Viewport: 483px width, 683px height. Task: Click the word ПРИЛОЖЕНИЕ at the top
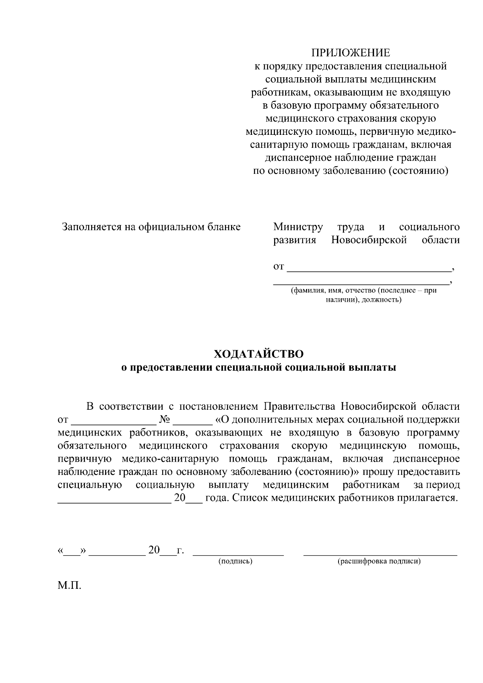(351, 53)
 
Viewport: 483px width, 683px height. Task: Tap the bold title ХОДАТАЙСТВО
(259, 354)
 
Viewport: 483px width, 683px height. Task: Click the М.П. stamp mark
(69, 585)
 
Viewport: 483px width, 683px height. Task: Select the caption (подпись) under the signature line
(235, 561)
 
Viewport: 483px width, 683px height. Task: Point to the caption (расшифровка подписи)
(379, 561)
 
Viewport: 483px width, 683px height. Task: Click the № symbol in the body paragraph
(165, 420)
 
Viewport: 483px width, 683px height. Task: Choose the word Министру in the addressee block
(298, 227)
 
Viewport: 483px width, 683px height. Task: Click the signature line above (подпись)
(238, 555)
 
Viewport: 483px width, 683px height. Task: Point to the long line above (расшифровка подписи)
(380, 555)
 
